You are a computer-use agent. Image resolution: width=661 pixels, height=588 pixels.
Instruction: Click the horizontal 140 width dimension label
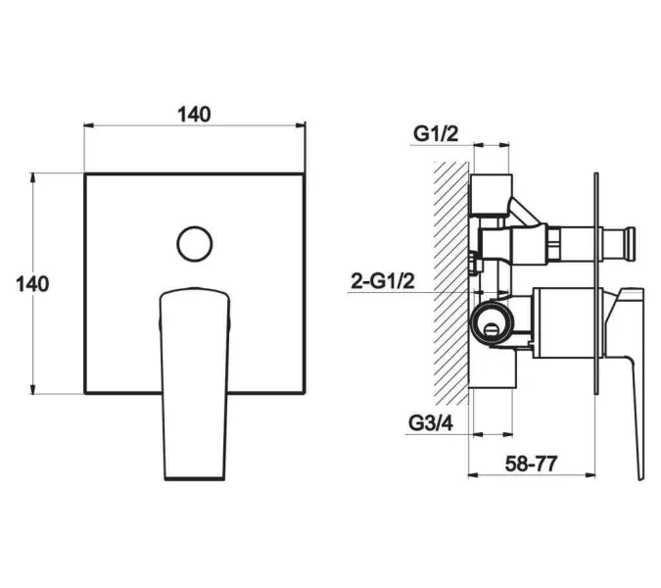tap(194, 115)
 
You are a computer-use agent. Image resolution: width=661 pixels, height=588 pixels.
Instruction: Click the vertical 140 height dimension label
tap(32, 284)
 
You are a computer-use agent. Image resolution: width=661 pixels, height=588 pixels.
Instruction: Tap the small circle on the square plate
tap(194, 244)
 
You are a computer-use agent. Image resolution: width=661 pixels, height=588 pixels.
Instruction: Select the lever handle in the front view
tap(194, 384)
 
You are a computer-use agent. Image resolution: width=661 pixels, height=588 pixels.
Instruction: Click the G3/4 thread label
tap(431, 423)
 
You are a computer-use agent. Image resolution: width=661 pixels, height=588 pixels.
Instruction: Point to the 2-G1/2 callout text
tap(383, 281)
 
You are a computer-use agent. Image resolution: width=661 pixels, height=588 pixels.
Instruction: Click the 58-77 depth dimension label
tap(531, 464)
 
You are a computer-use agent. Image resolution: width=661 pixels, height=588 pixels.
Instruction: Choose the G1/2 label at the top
tap(436, 134)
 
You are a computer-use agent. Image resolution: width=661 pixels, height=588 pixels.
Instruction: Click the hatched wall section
tap(451, 282)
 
